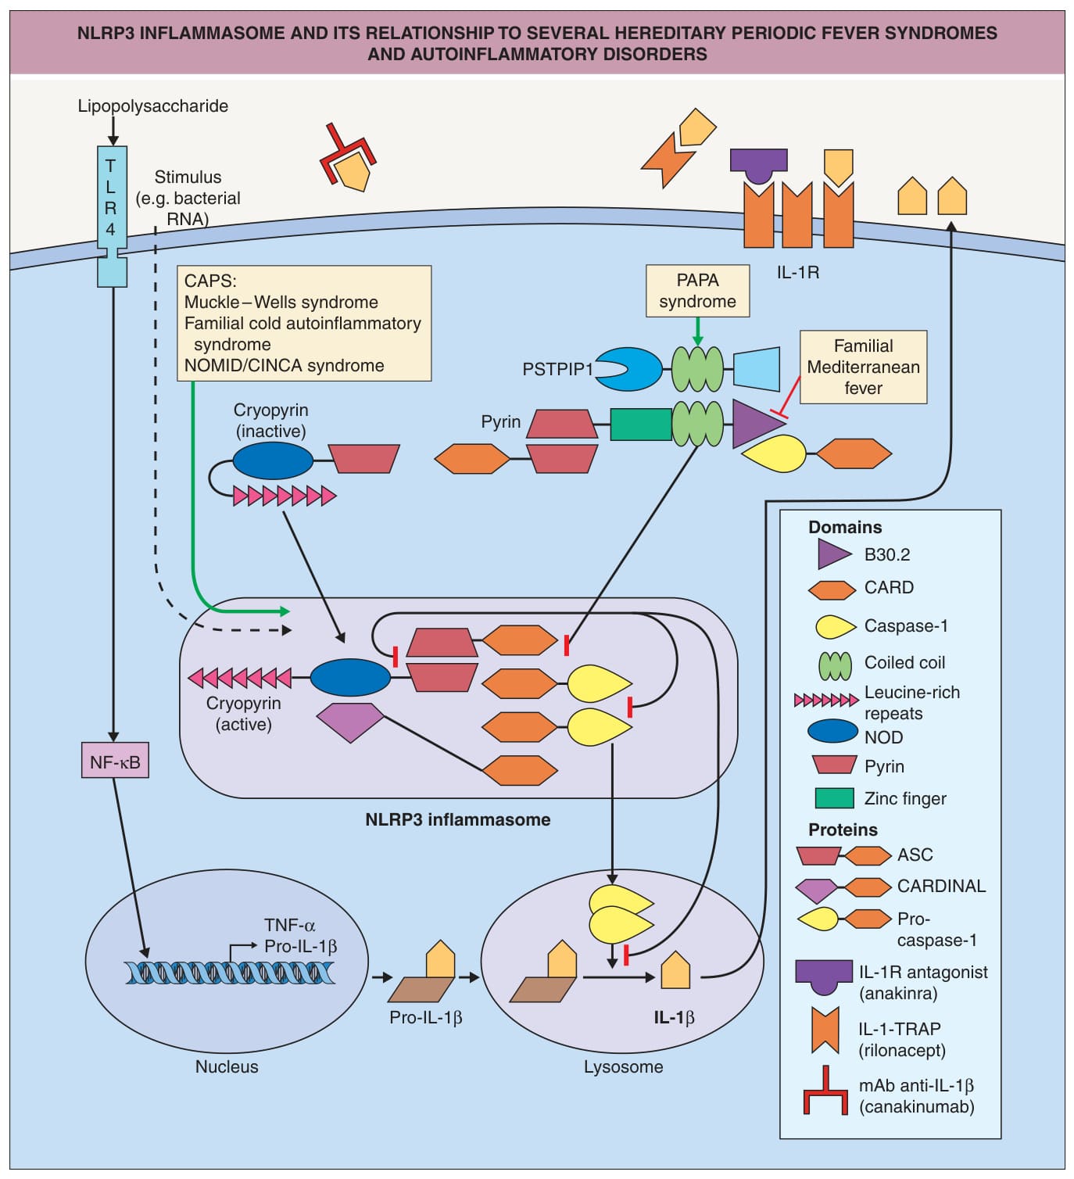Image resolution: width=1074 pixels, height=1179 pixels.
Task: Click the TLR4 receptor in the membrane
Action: [x=112, y=217]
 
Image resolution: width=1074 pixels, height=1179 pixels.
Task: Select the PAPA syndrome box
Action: [x=697, y=291]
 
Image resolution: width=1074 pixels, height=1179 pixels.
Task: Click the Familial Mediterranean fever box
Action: [x=863, y=367]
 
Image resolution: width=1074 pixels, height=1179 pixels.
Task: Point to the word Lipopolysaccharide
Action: [x=153, y=106]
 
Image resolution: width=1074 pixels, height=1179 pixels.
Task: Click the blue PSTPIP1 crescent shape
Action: [x=628, y=369]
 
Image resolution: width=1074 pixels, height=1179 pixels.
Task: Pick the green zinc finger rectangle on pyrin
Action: [x=641, y=425]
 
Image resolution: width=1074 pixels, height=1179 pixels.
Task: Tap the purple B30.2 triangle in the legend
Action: [x=834, y=554]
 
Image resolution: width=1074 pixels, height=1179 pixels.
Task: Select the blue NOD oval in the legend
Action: [x=832, y=730]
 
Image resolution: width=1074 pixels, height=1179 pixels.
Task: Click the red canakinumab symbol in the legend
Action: [x=826, y=1091]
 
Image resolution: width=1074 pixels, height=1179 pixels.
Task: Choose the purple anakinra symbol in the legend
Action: [x=824, y=977]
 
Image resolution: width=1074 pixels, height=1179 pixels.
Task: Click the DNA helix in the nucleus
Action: [x=230, y=973]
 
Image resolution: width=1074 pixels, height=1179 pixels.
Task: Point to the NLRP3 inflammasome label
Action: [x=458, y=819]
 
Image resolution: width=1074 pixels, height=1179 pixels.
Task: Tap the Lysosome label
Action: [x=623, y=1066]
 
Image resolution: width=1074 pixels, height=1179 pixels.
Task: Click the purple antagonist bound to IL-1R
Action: [x=758, y=167]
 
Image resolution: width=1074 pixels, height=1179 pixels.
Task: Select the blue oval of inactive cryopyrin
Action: [x=273, y=460]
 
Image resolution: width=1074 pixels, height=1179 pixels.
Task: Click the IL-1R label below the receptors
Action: [x=798, y=272]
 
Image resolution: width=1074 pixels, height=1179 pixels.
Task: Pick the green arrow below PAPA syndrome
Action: [x=697, y=331]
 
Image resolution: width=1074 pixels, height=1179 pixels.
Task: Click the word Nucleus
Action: [x=227, y=1066]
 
